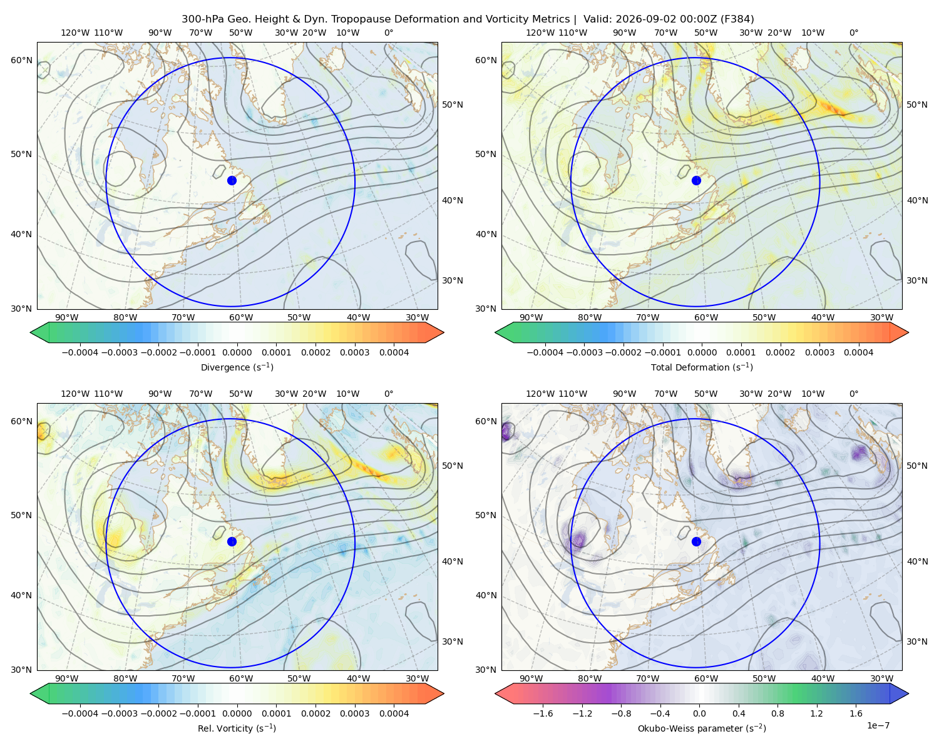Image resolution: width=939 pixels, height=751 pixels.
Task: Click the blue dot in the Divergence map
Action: tap(232, 180)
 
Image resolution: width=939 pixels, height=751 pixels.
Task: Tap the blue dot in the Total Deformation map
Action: tap(696, 180)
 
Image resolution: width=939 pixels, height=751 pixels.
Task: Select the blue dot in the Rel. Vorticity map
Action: tap(232, 541)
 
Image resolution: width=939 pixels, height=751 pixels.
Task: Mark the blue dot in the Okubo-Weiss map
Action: tap(696, 541)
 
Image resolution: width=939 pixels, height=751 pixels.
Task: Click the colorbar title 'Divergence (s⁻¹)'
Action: tap(237, 367)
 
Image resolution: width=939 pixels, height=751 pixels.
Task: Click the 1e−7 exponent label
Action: tap(878, 725)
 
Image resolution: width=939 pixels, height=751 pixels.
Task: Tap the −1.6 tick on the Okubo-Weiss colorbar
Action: tap(543, 713)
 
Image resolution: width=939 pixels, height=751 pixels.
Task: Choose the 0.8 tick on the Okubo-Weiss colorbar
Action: tap(777, 713)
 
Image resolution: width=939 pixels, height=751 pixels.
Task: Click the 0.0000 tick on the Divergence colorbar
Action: tap(237, 352)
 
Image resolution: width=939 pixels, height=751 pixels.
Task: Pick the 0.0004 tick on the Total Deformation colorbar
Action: tap(858, 352)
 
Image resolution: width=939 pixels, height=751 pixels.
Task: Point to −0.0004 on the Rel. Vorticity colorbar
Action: tap(80, 713)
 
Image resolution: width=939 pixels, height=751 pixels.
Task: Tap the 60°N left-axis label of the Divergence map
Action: tap(21, 60)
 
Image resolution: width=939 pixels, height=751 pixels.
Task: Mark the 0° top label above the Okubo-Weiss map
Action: tap(853, 394)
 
